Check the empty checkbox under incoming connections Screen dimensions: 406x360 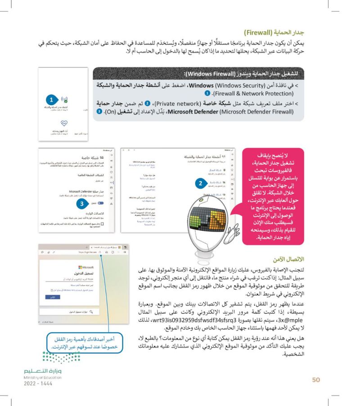103,223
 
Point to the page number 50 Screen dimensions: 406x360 315,380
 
